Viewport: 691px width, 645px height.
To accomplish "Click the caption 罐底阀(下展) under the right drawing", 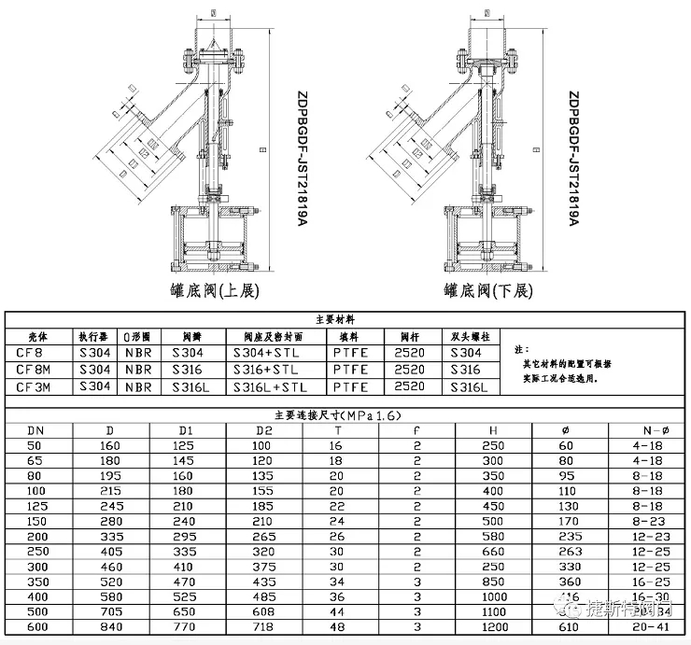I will pyautogui.click(x=487, y=290).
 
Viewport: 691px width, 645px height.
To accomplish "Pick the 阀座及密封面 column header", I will pyautogui.click(x=272, y=336).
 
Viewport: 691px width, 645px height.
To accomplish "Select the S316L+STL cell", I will pyautogui.click(x=270, y=386).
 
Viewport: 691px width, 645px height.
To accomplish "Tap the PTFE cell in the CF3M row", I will pyautogui.click(x=350, y=386).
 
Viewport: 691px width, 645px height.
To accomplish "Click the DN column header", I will pyautogui.click(x=35, y=430).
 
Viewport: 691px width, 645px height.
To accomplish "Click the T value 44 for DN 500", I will pyautogui.click(x=337, y=612).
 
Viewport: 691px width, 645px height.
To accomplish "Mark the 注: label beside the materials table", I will pyautogui.click(x=521, y=348).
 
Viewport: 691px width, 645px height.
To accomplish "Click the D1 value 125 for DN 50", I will pyautogui.click(x=183, y=446).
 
